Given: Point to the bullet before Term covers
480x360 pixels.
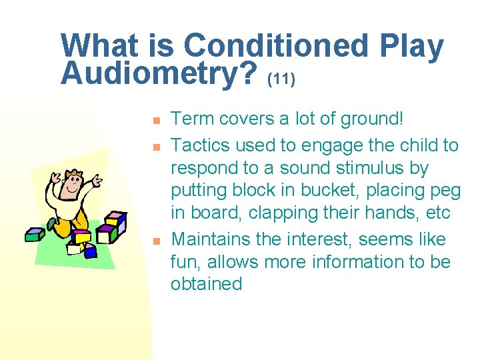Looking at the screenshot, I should click(x=154, y=121).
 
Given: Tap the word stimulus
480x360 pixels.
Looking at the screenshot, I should click(x=387, y=167).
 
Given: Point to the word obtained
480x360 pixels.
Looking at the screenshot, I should click(x=206, y=284).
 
